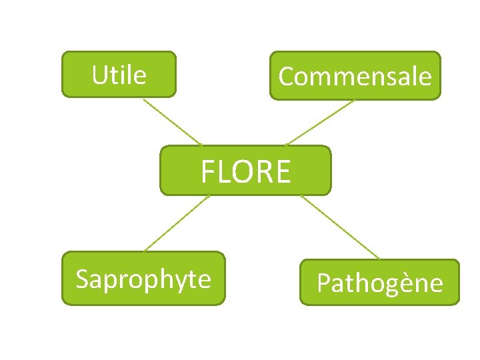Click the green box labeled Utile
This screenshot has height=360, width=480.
(119, 74)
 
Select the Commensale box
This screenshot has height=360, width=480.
(355, 75)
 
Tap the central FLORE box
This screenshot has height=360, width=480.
(245, 170)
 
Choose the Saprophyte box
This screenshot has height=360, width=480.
(143, 278)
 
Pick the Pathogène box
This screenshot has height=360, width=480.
(379, 282)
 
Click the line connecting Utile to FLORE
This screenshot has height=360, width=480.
(171, 121)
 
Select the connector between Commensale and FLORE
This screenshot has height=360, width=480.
(320, 123)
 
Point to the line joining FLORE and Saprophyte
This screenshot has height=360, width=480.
(177, 223)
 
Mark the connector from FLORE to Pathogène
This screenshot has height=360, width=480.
(339, 227)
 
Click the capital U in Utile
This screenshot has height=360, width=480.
(99, 75)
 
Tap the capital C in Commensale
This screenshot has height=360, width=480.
(287, 77)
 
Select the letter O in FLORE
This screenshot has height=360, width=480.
(244, 172)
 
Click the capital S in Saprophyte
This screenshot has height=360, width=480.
(83, 279)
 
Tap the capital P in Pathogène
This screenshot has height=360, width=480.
(324, 283)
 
